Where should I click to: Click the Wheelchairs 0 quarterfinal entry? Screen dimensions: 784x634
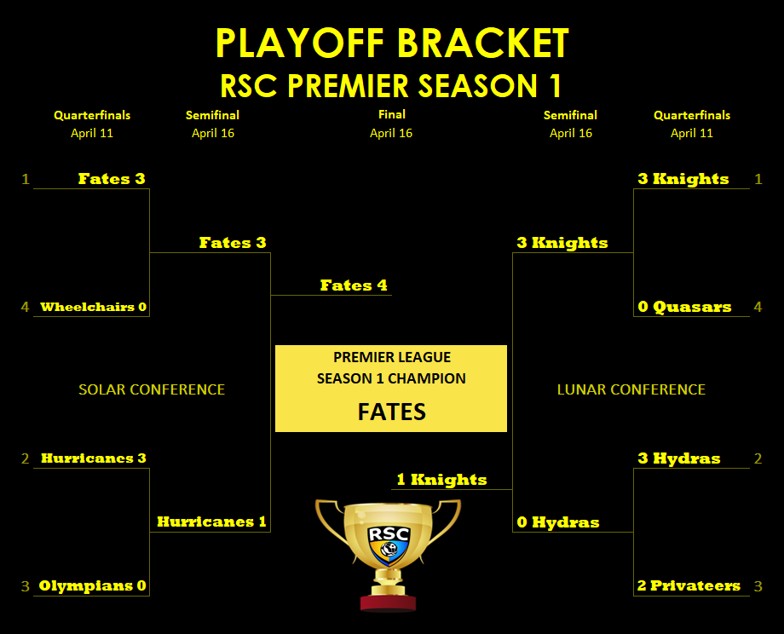pyautogui.click(x=94, y=307)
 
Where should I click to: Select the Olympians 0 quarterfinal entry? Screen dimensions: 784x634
pyautogui.click(x=93, y=585)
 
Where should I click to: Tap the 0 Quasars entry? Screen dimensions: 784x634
pyautogui.click(x=684, y=307)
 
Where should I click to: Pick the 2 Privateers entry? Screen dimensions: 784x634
pyautogui.click(x=689, y=585)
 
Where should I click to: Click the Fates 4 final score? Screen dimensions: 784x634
pyautogui.click(x=354, y=285)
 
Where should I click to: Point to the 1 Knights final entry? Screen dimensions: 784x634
pyautogui.click(x=441, y=480)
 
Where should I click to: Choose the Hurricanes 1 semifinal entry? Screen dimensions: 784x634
pyautogui.click(x=211, y=522)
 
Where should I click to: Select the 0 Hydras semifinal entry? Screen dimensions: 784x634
pyautogui.click(x=558, y=522)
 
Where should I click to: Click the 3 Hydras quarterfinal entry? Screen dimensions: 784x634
pyautogui.click(x=679, y=458)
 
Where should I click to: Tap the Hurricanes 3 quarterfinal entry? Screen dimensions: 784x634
pyautogui.click(x=94, y=458)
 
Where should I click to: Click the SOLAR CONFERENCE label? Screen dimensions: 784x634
pyautogui.click(x=152, y=389)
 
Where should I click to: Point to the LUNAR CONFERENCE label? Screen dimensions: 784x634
pyautogui.click(x=631, y=389)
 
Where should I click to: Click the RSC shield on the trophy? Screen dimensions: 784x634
pyautogui.click(x=389, y=544)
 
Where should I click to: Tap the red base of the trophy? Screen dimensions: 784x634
pyautogui.click(x=388, y=602)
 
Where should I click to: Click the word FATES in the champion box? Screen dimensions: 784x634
pyautogui.click(x=391, y=412)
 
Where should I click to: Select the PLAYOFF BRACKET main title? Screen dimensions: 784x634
pyautogui.click(x=392, y=43)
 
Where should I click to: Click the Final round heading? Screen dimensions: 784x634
pyautogui.click(x=391, y=114)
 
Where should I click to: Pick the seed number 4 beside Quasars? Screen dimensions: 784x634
pyautogui.click(x=758, y=307)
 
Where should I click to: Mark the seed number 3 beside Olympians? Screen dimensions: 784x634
pyautogui.click(x=26, y=586)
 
